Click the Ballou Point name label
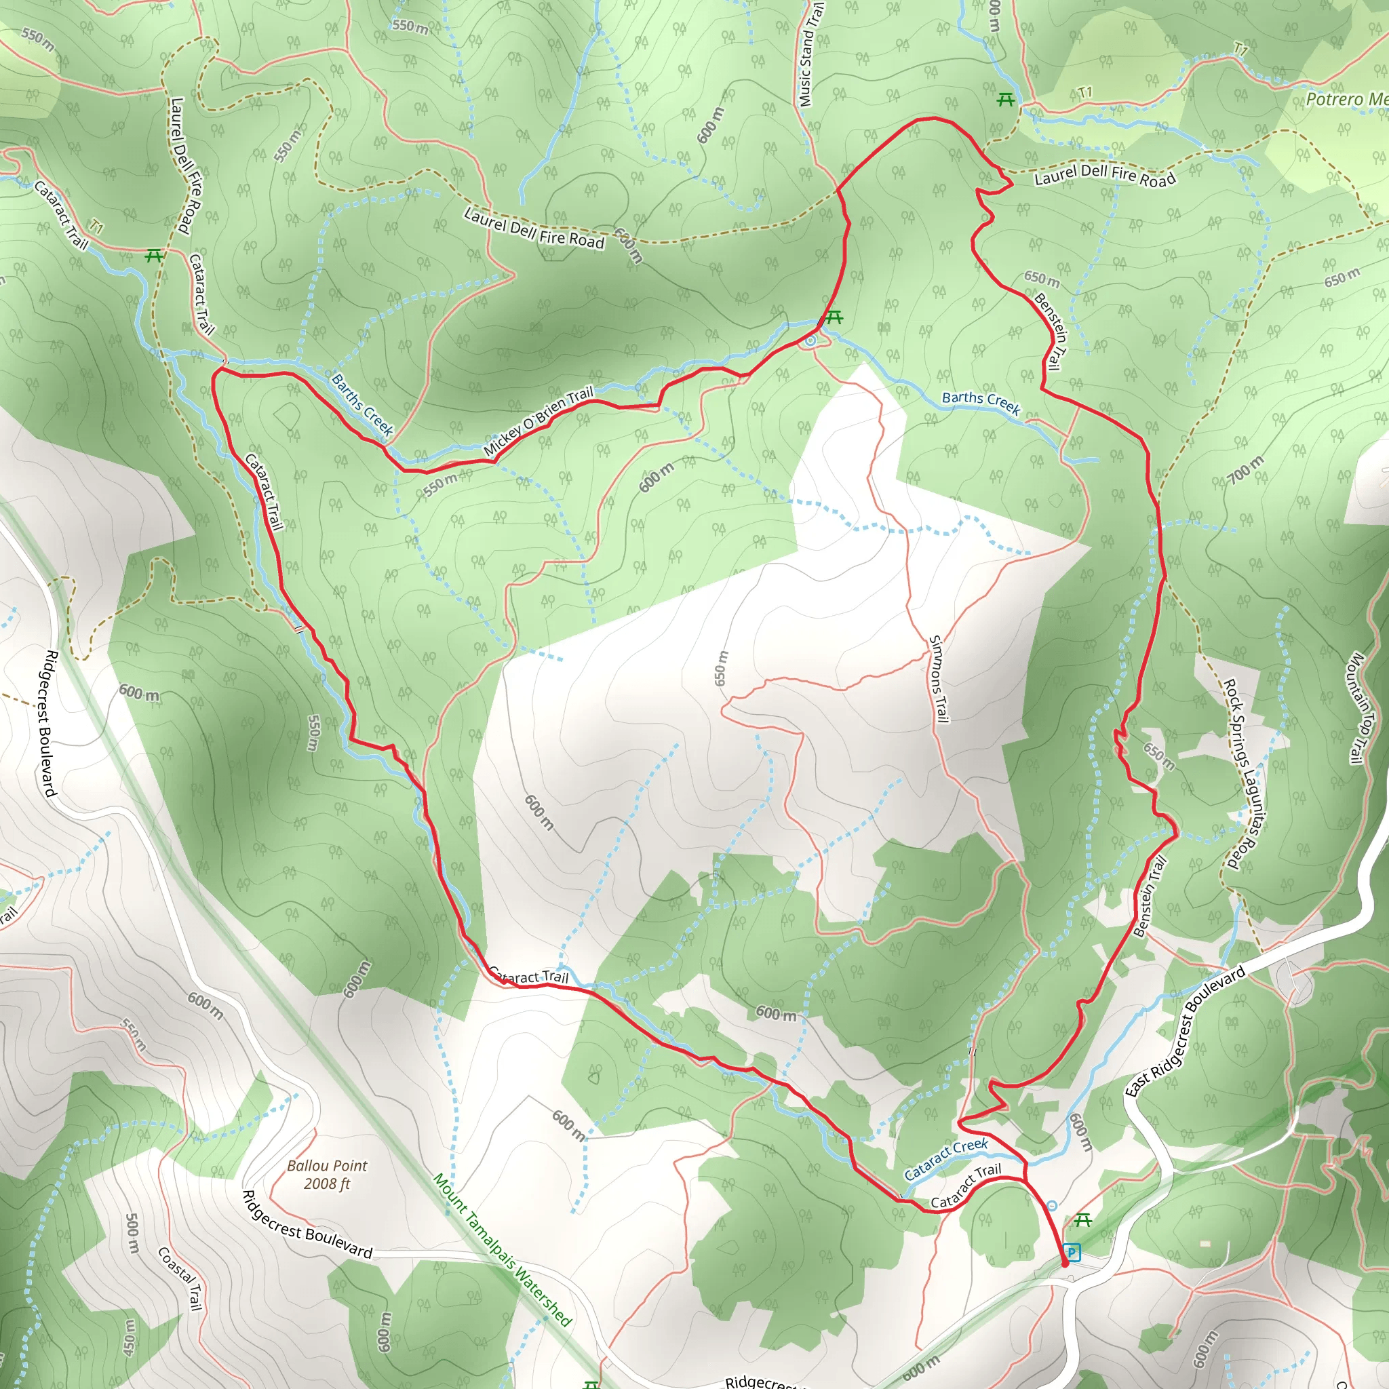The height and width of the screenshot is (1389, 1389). tap(327, 1165)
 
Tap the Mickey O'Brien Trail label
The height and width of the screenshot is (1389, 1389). tap(539, 421)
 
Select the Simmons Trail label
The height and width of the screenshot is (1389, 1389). tap(938, 679)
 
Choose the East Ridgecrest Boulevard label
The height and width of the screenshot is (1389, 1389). tap(1185, 1031)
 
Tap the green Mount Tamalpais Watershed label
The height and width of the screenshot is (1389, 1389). tap(502, 1249)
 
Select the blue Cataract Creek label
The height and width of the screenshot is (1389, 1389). tap(945, 1160)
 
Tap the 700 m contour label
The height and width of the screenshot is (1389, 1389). tap(1245, 470)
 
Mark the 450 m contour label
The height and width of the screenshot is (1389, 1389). tap(130, 1337)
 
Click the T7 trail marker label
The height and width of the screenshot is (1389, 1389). tap(1242, 49)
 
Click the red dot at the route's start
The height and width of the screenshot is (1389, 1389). tap(1065, 1263)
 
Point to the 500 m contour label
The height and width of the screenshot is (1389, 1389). tap(132, 1234)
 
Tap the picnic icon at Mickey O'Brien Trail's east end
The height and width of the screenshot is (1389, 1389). tap(834, 316)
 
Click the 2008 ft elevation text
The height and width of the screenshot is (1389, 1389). tap(327, 1184)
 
